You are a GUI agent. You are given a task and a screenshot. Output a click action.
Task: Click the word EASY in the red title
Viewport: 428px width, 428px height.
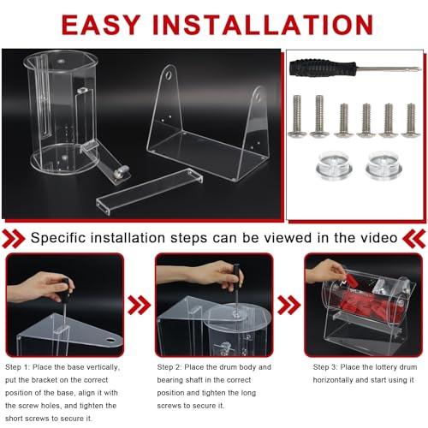click(101, 25)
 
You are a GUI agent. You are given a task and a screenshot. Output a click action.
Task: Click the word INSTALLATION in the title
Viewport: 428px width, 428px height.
click(263, 25)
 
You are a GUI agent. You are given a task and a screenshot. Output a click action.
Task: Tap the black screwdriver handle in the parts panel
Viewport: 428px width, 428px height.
click(323, 68)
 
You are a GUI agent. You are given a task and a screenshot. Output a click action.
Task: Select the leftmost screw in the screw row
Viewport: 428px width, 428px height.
click(297, 116)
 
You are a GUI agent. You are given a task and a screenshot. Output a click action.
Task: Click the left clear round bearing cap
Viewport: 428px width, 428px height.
click(334, 165)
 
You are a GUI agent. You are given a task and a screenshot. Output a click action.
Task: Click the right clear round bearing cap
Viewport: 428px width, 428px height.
click(383, 165)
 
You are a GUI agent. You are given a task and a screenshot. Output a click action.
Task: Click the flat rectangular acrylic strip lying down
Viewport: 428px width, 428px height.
click(150, 191)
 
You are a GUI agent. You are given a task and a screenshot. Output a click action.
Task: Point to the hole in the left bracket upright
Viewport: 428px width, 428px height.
click(169, 74)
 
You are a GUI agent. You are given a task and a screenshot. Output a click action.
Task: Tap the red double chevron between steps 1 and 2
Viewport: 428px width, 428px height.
click(139, 305)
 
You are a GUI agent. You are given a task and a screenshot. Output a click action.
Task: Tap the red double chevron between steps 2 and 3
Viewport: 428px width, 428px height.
click(288, 305)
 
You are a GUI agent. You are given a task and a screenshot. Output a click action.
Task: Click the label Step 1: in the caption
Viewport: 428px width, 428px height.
click(17, 367)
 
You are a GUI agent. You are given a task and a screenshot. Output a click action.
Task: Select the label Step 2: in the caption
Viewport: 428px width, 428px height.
click(169, 367)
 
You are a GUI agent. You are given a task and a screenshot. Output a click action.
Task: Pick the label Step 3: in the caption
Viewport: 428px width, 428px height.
click(325, 367)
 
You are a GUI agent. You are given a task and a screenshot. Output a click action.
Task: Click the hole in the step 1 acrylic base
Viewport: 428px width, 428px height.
click(110, 340)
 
